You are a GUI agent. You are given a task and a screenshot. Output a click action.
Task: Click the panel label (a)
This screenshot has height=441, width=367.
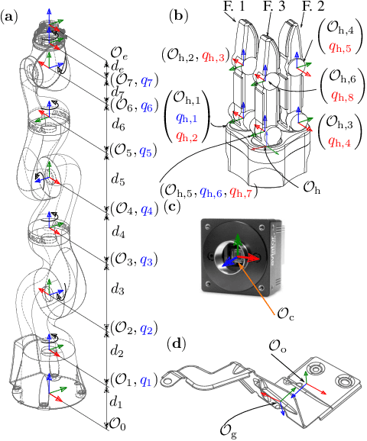click(x=10, y=17)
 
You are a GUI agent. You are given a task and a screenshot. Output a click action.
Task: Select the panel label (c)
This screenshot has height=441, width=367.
click(x=172, y=207)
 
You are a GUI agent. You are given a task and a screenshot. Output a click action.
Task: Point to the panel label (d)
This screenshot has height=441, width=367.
click(x=177, y=344)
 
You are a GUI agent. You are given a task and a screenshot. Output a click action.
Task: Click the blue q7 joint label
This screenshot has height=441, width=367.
click(x=148, y=82)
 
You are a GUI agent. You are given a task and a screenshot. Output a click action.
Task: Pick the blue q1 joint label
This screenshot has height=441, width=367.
click(x=146, y=381)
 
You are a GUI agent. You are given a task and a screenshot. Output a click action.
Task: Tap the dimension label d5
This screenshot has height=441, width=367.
click(x=118, y=179)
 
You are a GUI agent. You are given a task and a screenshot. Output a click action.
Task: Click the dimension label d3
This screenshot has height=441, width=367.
click(x=118, y=288)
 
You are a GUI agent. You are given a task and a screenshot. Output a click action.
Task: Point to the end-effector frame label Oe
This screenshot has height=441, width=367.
click(x=119, y=53)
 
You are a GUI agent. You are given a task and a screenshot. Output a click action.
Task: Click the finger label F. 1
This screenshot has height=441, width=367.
click(x=234, y=6)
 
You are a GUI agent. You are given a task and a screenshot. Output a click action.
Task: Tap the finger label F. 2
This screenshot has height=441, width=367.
click(x=313, y=6)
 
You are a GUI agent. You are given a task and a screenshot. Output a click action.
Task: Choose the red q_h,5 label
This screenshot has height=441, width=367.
click(x=340, y=47)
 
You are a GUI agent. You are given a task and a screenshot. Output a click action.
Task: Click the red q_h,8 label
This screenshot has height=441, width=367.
click(x=343, y=96)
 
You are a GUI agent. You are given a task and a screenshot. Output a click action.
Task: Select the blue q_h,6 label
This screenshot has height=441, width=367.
click(x=210, y=192)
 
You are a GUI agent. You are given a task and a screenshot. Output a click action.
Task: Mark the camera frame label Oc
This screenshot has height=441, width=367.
click(x=286, y=314)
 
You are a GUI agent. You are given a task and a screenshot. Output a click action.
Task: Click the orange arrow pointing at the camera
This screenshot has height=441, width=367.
click(x=256, y=286)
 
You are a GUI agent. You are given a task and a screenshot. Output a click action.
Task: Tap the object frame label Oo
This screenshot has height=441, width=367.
click(x=277, y=346)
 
